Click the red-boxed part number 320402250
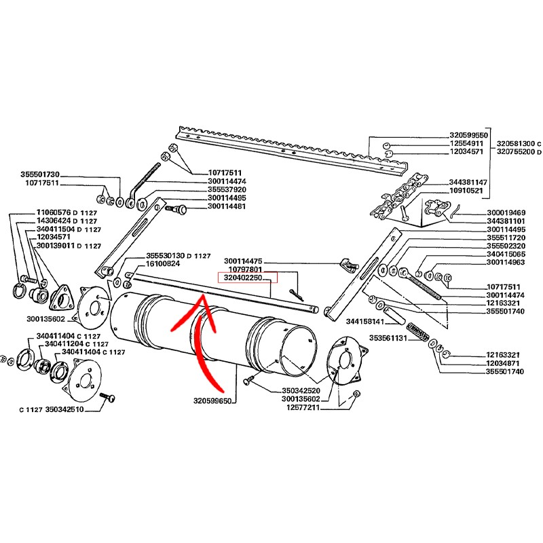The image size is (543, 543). pos(243,278)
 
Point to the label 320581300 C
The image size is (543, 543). pos(519,144)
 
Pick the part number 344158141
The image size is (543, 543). pos(366,321)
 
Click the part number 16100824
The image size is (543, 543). pos(163,263)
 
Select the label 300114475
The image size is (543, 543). pos(243,261)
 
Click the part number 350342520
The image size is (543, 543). pos(301,391)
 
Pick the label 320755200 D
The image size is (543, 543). pos(519,153)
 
